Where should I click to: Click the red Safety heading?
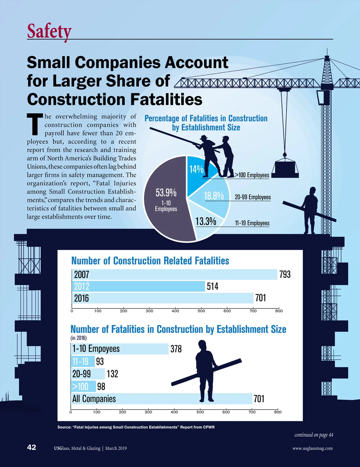point(49,31)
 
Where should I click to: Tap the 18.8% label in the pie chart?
point(214,196)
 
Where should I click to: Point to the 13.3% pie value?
point(206,222)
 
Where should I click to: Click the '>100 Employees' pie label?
point(252,175)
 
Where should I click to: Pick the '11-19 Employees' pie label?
point(252,223)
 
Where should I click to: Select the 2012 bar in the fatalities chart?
point(138,286)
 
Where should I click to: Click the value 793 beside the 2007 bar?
point(285,274)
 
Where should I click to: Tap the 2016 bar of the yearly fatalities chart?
point(162,298)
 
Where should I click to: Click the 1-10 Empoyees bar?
point(120,349)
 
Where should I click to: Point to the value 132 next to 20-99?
point(112,374)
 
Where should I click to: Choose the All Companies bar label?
point(94,399)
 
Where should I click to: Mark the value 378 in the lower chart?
point(176,349)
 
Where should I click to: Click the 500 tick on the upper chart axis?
point(201,311)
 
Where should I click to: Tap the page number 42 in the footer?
point(31,448)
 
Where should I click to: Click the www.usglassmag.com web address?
point(312,448)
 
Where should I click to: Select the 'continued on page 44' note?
point(313,435)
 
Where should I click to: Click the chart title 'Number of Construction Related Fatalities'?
point(150,261)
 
